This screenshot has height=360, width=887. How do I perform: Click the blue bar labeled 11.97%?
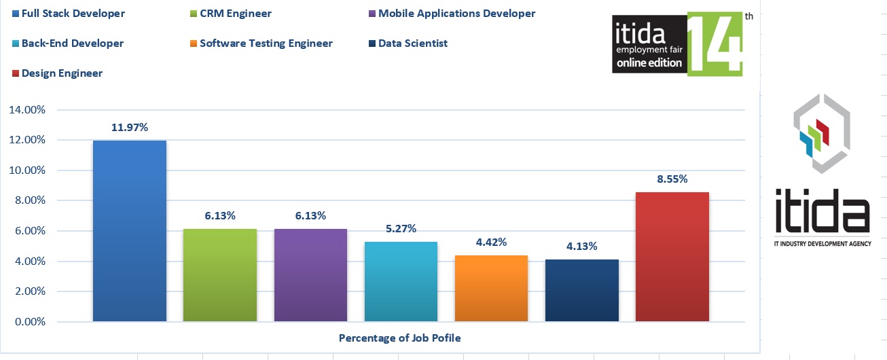coord(129,230)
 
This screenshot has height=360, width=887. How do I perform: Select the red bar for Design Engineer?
coord(672,257)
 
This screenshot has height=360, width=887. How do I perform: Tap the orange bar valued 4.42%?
coord(491,288)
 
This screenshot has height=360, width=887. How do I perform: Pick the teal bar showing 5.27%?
coord(401,281)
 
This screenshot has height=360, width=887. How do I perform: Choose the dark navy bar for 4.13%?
coord(581,290)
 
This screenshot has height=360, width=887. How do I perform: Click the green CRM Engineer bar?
coord(219,275)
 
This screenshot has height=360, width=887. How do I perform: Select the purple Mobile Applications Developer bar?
coord(310,275)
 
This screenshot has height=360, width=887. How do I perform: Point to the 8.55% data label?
coord(672,180)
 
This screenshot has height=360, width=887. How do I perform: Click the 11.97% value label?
coord(130,128)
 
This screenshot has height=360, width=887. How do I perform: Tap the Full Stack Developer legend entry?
coord(73,14)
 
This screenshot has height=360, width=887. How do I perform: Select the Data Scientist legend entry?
coord(412,43)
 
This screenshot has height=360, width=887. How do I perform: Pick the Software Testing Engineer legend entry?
coord(266,43)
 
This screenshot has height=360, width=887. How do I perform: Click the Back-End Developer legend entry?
coord(72,43)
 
